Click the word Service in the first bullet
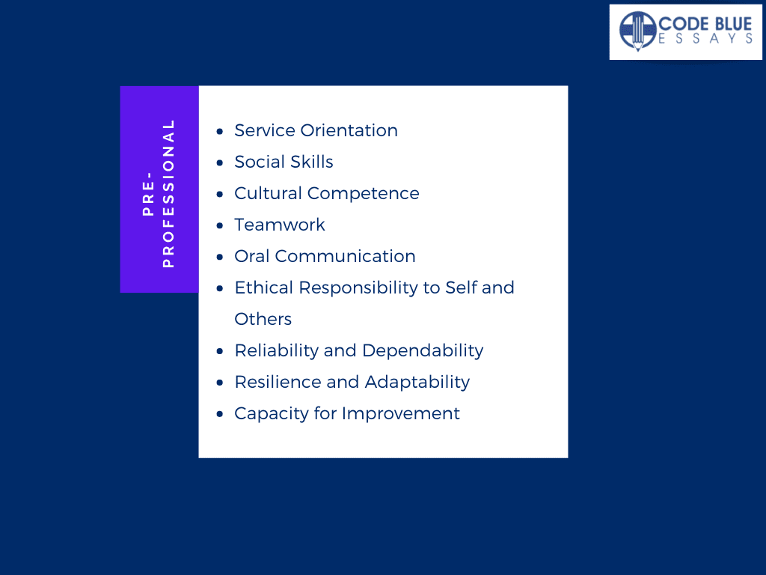[x=264, y=130]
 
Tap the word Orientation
[x=349, y=130]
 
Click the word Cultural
[x=268, y=193]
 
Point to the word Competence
[x=363, y=194]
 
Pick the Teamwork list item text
[x=280, y=225]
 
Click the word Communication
[x=345, y=256]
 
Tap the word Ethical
[x=263, y=287]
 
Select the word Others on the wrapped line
[x=263, y=319]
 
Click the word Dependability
[x=423, y=351]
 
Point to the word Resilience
[x=277, y=382]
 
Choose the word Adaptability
[x=417, y=383]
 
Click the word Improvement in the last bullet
[x=401, y=414]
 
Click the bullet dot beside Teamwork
[x=220, y=225]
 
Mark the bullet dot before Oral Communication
[x=220, y=257]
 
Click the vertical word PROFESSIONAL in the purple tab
[x=168, y=194]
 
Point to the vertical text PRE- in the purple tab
[x=148, y=194]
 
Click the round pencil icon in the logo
[x=637, y=31]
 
